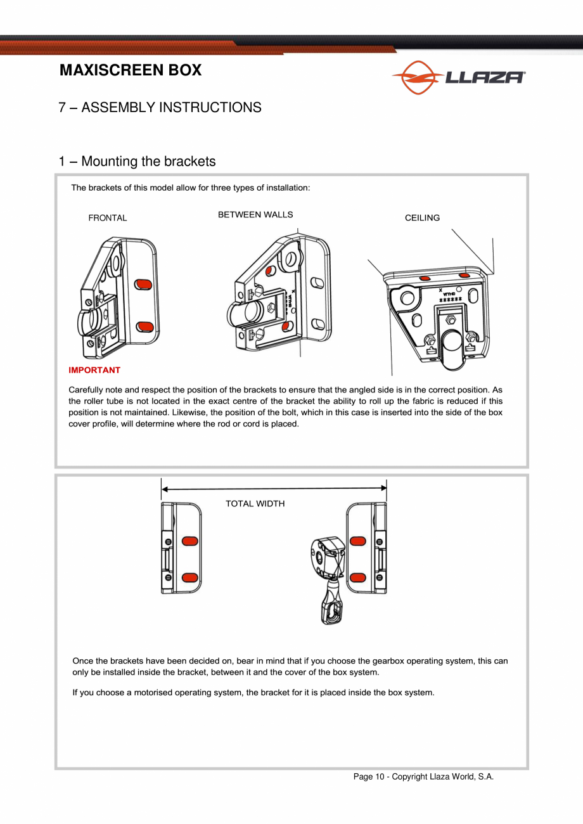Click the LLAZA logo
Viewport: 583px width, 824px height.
(x=458, y=77)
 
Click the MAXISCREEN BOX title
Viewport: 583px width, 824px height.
(x=131, y=70)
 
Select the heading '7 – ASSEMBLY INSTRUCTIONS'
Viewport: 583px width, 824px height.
(x=160, y=107)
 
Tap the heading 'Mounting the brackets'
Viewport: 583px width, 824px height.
(x=137, y=162)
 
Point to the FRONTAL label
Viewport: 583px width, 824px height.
(x=108, y=218)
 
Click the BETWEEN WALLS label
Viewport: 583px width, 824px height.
(x=255, y=215)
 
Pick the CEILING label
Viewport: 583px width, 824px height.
(x=422, y=218)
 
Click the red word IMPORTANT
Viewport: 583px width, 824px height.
(x=94, y=370)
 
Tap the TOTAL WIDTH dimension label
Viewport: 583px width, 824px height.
(x=255, y=504)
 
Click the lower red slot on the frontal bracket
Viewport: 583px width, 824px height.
(x=146, y=326)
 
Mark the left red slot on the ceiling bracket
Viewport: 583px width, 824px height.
(x=426, y=278)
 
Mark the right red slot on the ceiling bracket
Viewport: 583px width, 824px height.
(x=464, y=276)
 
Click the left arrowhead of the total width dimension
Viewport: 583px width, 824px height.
(x=165, y=489)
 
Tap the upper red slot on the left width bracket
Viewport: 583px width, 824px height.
(x=189, y=541)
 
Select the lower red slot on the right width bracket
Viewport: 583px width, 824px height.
(x=357, y=577)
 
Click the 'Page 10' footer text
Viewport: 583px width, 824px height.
(x=423, y=777)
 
